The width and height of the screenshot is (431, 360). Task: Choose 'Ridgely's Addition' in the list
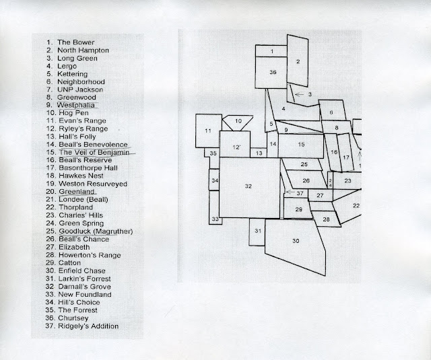[89, 326]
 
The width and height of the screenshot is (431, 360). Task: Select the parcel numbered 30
[295, 240]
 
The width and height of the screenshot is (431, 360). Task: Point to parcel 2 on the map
[297, 61]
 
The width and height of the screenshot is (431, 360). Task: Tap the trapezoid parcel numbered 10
[238, 122]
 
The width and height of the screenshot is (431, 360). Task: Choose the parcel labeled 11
[209, 130]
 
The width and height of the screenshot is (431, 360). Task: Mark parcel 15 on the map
[301, 144]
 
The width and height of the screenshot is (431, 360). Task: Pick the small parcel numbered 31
[258, 231]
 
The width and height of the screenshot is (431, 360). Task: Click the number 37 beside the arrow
[300, 193]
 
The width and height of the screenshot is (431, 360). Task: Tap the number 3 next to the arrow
[310, 95]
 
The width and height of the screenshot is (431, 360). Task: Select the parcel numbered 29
[298, 210]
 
